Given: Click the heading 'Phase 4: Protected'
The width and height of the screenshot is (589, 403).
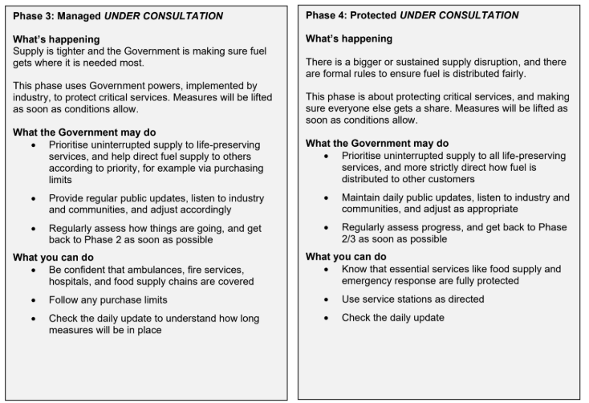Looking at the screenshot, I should point(351,15).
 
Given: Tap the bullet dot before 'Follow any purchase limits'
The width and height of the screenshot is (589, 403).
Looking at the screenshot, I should point(33,300).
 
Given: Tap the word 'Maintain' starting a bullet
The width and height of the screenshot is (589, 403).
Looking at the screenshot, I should point(363,197).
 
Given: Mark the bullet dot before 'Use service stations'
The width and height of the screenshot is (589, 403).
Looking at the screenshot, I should point(325,299).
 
